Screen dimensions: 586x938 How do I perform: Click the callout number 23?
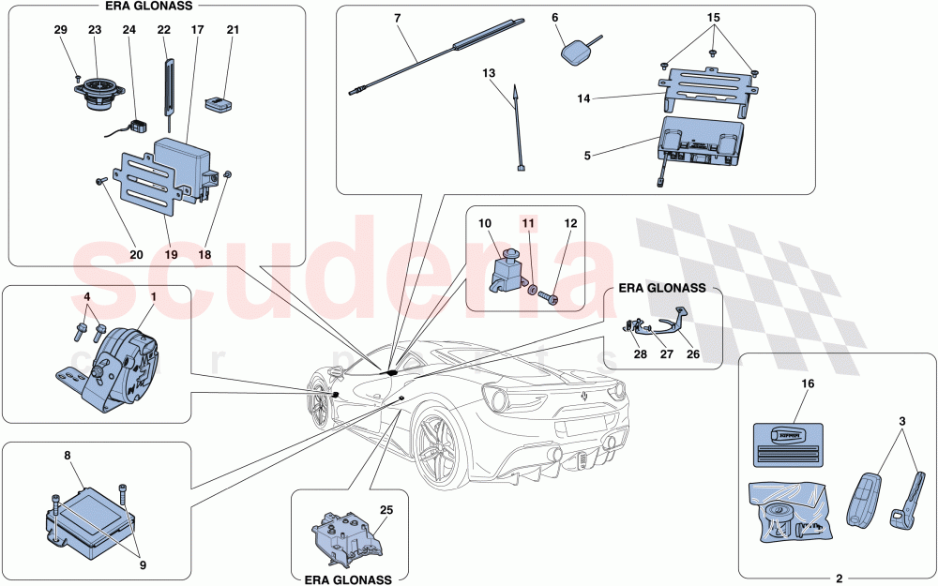pyautogui.click(x=95, y=30)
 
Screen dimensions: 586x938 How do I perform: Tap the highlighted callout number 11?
pyautogui.click(x=528, y=225)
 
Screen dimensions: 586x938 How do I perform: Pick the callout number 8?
pyautogui.click(x=68, y=457)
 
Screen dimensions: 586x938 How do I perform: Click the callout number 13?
pyautogui.click(x=489, y=73)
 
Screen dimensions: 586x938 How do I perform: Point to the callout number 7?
pyautogui.click(x=398, y=19)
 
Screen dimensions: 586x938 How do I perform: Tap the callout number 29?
pyautogui.click(x=61, y=30)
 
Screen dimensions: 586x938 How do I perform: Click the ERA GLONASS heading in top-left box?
pyautogui.click(x=155, y=7)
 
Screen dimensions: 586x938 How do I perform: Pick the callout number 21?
pyautogui.click(x=233, y=30)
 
